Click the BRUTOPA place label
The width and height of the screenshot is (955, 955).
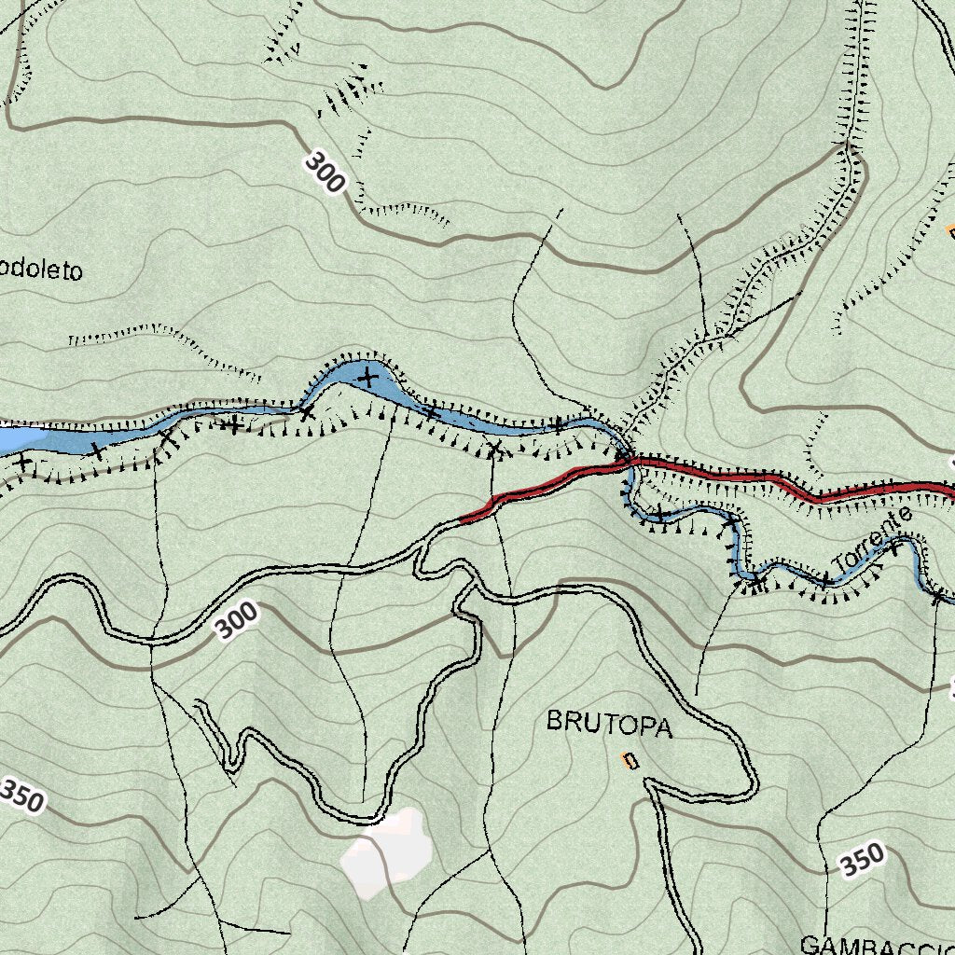tap(609, 724)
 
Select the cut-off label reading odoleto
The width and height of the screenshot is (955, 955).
tap(41, 270)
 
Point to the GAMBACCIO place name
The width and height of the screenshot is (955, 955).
tap(877, 945)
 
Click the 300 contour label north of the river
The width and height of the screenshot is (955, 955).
tap(324, 173)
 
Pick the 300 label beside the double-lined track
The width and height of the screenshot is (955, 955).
tap(235, 621)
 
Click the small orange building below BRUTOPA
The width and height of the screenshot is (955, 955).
tap(631, 761)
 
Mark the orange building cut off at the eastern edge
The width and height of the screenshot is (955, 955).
tap(950, 229)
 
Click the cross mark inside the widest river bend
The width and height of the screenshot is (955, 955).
tap(367, 378)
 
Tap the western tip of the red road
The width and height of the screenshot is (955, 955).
tap(464, 519)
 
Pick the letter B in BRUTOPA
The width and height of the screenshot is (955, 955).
tap(554, 721)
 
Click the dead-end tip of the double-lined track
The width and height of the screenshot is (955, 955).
tap(198, 702)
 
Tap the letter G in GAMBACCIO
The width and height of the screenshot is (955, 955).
tap(810, 945)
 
